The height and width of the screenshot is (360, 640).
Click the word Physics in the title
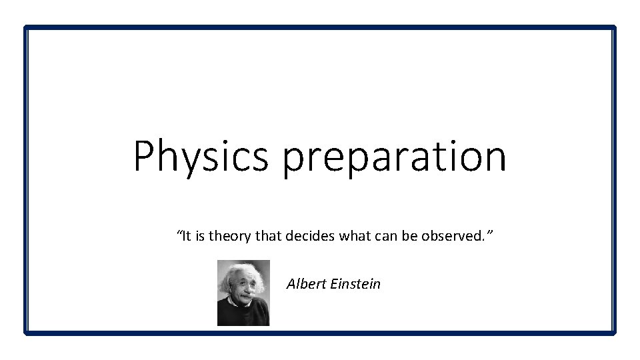[201, 156]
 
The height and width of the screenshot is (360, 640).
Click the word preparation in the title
[394, 157]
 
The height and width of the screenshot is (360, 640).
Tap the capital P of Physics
[144, 156]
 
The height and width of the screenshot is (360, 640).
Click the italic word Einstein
[355, 283]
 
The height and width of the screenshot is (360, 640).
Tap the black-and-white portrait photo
[243, 293]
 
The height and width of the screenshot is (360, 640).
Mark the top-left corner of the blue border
[26, 27]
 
